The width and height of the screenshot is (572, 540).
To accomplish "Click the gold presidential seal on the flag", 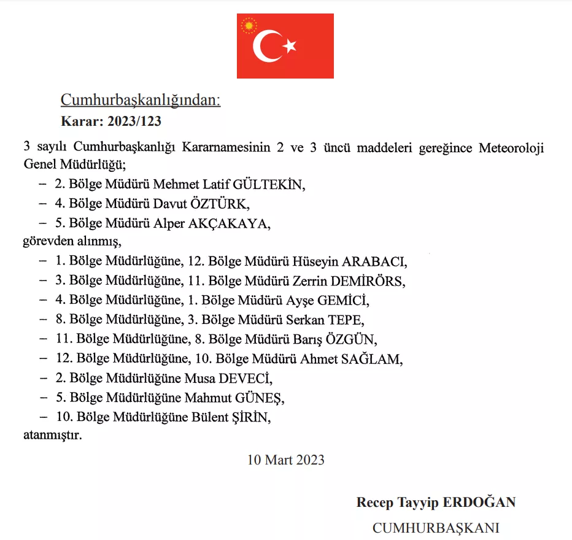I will (249, 26).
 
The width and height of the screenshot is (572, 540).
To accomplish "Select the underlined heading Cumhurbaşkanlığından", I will (140, 100).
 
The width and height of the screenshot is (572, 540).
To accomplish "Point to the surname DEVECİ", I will (245, 378).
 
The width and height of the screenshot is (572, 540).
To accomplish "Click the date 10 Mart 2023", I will (286, 459).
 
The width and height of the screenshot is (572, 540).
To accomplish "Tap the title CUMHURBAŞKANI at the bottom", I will (436, 528).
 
